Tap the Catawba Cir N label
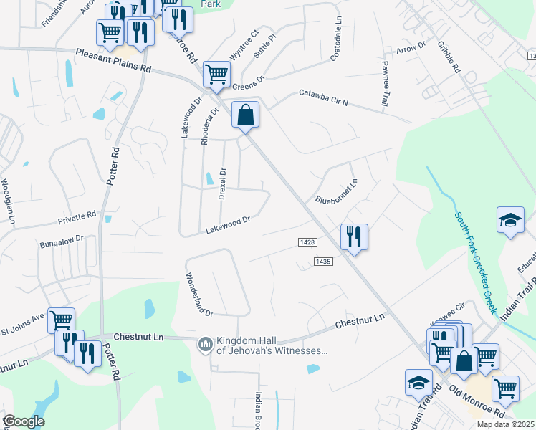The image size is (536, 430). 323,97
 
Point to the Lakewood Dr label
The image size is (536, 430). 227,226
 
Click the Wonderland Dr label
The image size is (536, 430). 198,295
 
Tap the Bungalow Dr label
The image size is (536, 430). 62,239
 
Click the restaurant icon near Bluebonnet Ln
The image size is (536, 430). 353,236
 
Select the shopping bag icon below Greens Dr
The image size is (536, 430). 245,115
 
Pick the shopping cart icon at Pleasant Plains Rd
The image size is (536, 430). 216,73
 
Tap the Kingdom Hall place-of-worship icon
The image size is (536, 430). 206,345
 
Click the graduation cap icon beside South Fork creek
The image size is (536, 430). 510,220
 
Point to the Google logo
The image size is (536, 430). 24,421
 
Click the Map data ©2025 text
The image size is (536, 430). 505,424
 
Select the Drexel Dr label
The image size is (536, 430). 223,183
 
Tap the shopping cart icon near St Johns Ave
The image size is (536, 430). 62,320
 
